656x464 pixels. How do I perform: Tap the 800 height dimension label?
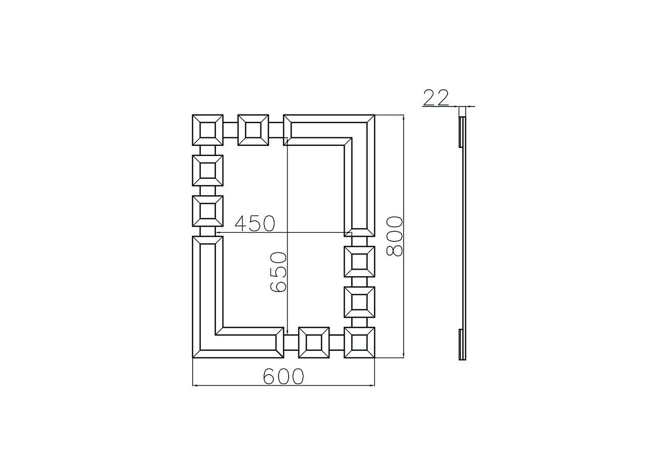[x=395, y=236]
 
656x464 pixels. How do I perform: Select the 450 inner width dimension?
[x=255, y=224]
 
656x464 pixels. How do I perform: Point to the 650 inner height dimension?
[x=278, y=272]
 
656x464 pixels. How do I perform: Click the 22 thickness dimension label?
[x=436, y=97]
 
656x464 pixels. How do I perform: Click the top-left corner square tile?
[x=207, y=130]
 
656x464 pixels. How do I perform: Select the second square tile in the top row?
[x=253, y=130]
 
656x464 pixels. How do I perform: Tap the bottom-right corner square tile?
[x=359, y=342]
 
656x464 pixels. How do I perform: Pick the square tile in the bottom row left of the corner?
[x=314, y=342]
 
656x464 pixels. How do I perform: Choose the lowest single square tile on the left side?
[x=207, y=211]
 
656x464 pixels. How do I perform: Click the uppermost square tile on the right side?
[x=359, y=262]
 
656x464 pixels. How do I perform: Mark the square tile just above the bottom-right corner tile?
[x=359, y=302]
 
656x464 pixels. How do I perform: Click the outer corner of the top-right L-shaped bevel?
[x=375, y=115]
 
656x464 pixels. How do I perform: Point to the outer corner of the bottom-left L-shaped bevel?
[x=192, y=358]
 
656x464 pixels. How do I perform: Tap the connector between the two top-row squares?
[x=231, y=130]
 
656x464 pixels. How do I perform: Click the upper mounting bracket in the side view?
[x=460, y=132]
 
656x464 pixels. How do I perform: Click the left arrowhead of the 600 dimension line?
[x=194, y=386]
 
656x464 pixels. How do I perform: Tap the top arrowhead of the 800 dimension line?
[x=404, y=117]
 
